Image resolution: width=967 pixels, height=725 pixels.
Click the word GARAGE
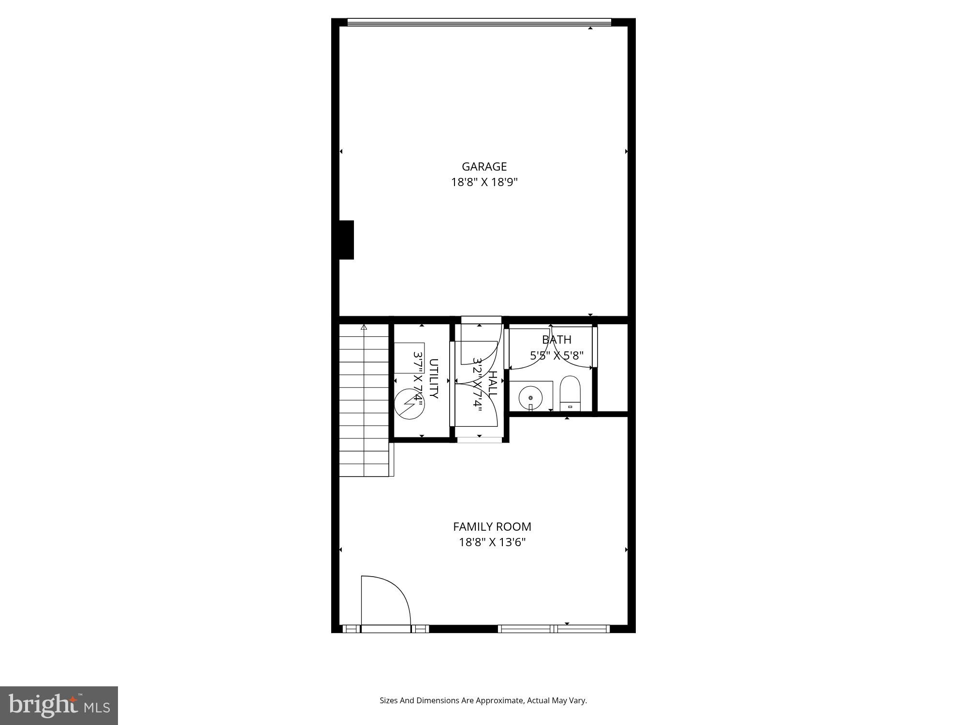[x=484, y=167]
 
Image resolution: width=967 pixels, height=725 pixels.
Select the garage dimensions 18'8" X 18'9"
[x=484, y=182]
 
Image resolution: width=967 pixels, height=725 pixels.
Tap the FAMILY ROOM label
[x=492, y=526]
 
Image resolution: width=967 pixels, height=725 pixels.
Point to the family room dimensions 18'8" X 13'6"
[x=492, y=542]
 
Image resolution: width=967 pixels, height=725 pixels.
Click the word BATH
[x=557, y=340]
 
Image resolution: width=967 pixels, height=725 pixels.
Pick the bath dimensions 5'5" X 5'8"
[x=557, y=356]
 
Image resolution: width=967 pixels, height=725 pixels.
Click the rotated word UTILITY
[x=433, y=378]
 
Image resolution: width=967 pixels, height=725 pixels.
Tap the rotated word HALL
[x=492, y=384]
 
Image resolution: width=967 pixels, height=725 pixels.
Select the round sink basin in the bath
[x=530, y=398]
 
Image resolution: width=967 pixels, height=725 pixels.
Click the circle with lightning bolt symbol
[x=409, y=404]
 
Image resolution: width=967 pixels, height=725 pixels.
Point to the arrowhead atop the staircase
[x=364, y=327]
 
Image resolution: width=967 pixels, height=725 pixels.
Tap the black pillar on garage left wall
[x=347, y=240]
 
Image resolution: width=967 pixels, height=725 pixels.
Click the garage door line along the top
[x=479, y=22]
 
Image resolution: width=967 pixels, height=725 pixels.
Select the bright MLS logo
[x=59, y=706]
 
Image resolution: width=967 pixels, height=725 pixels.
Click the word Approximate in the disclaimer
[x=499, y=700]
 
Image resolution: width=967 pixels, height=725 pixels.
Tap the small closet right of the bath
[x=613, y=367]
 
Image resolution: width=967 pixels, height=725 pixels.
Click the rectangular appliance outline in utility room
[x=409, y=358]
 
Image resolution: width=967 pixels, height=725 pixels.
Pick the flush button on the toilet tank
[x=570, y=407]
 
